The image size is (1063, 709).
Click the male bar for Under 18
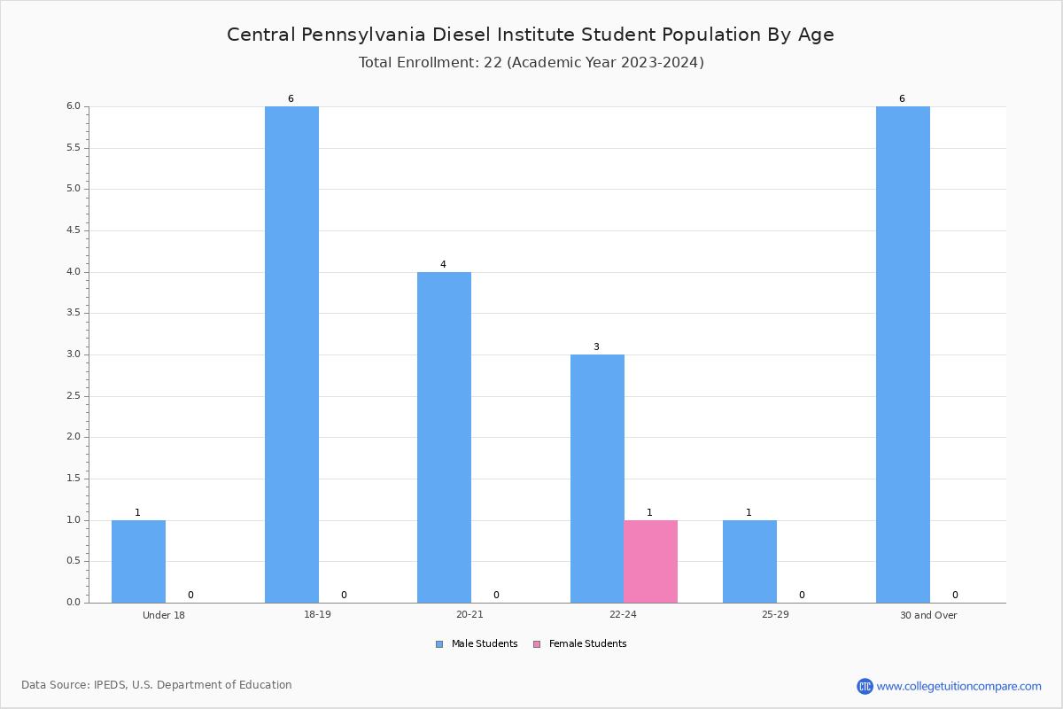(x=138, y=561)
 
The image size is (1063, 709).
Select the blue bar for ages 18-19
(x=291, y=354)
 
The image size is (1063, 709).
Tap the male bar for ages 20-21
(x=444, y=438)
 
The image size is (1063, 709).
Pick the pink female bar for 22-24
(x=650, y=561)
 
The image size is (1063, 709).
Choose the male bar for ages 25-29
(x=749, y=561)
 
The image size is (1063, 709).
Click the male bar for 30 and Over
(x=903, y=354)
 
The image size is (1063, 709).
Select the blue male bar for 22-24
(x=597, y=479)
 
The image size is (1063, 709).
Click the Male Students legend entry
(x=477, y=644)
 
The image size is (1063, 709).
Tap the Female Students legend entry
(x=580, y=644)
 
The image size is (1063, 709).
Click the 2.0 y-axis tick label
(x=74, y=437)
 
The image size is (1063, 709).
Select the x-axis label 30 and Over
(x=928, y=615)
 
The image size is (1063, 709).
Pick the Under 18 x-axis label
(x=164, y=615)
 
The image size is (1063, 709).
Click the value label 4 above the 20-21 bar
(x=443, y=264)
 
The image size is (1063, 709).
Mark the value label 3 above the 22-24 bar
(x=596, y=347)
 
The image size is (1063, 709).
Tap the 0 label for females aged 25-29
(x=802, y=595)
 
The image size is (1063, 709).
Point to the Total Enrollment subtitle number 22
(x=493, y=62)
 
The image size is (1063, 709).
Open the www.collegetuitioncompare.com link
(x=958, y=686)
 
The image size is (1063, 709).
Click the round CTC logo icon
(x=865, y=686)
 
